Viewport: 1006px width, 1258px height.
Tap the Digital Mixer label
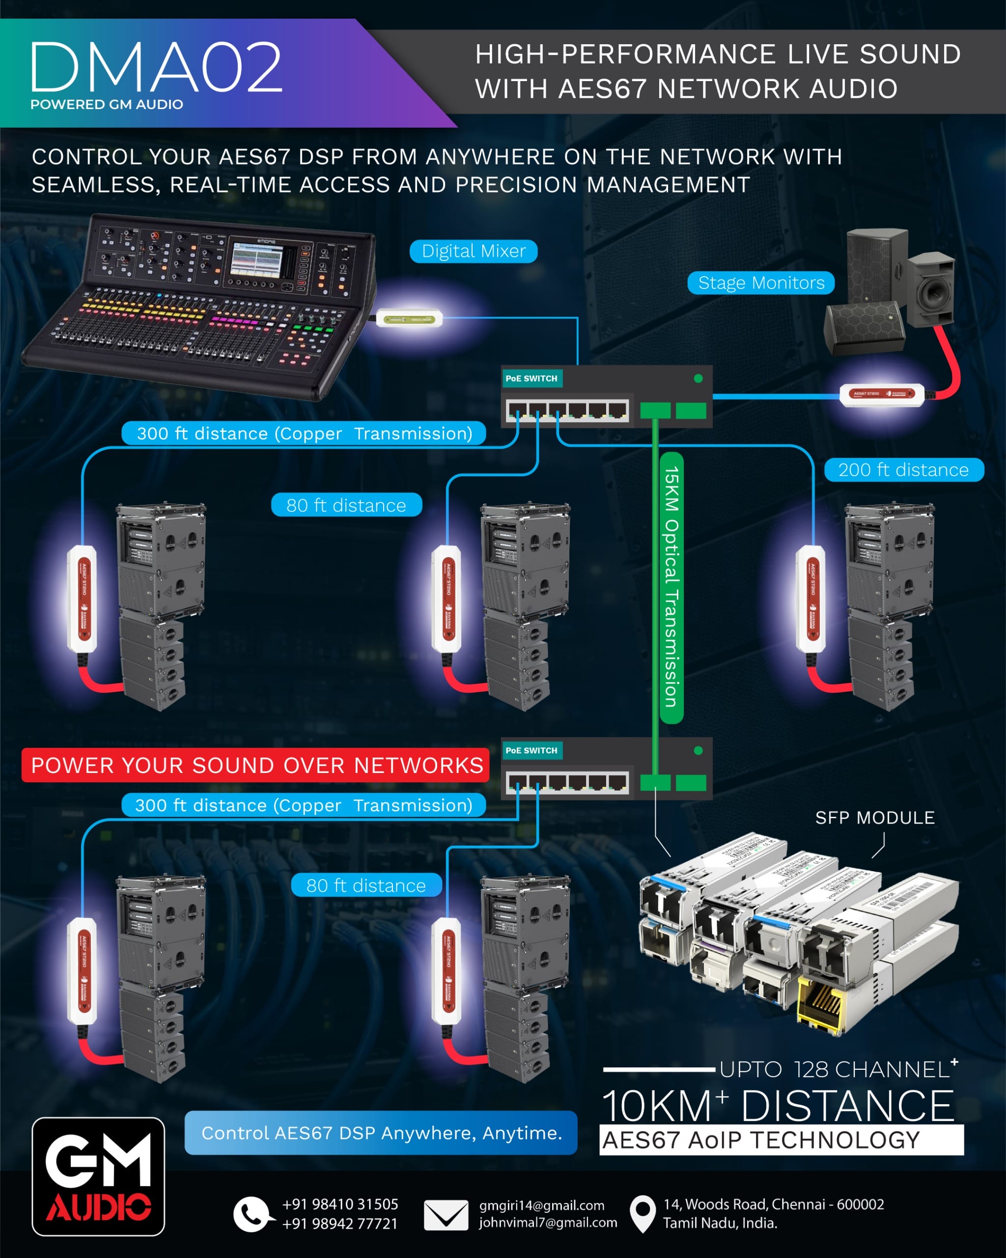473,252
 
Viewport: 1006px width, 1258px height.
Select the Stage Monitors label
760,283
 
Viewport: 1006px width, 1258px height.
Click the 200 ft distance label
903,470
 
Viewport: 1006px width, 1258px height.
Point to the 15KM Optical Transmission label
671,586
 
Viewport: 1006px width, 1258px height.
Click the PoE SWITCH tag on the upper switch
531,379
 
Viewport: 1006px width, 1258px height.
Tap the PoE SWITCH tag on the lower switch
531,750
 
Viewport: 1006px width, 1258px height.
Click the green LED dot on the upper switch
698,379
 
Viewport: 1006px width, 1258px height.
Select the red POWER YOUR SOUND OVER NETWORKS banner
255,765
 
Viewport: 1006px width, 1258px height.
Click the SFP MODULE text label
875,818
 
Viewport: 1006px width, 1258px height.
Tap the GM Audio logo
98,1176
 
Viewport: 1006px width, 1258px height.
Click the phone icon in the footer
252,1214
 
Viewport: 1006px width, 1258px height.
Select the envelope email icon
446,1215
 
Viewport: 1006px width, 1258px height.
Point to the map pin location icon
643,1214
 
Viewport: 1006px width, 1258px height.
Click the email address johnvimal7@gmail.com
548,1223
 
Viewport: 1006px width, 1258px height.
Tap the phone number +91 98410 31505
340,1204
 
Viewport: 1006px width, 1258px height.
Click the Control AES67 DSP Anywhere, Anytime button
381,1133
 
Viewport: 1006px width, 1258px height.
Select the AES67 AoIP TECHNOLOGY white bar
782,1140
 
